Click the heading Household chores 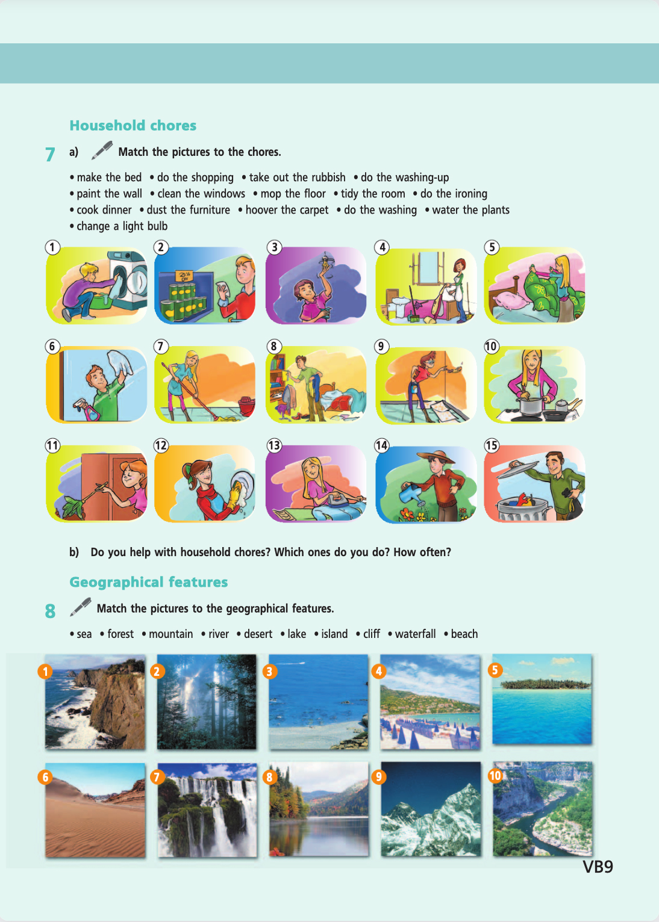tap(133, 126)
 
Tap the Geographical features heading tap(148, 582)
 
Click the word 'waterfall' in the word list tap(415, 634)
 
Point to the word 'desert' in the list tap(258, 634)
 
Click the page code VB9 tap(598, 867)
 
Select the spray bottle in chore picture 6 tap(88, 409)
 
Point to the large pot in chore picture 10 tap(531, 406)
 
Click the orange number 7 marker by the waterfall tap(157, 777)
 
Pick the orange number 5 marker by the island tap(495, 670)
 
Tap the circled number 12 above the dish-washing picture tap(161, 445)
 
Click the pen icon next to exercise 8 tap(80, 607)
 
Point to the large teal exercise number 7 tap(50, 154)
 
